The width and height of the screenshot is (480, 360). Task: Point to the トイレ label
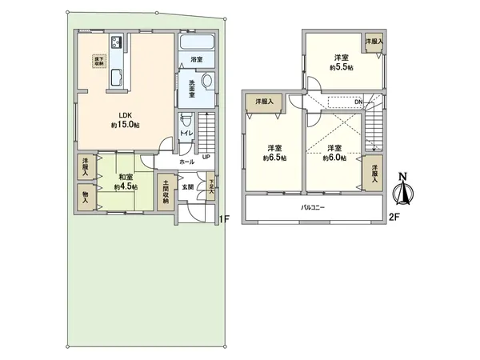186,134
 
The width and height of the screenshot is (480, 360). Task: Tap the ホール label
186,162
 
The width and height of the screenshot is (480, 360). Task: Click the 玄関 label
186,186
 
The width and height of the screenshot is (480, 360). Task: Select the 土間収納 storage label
166,189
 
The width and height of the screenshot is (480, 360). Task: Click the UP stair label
207,158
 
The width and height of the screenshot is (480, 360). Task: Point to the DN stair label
360,102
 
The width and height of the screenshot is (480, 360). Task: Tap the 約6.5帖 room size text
275,158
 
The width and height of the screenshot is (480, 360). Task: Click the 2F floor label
394,217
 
